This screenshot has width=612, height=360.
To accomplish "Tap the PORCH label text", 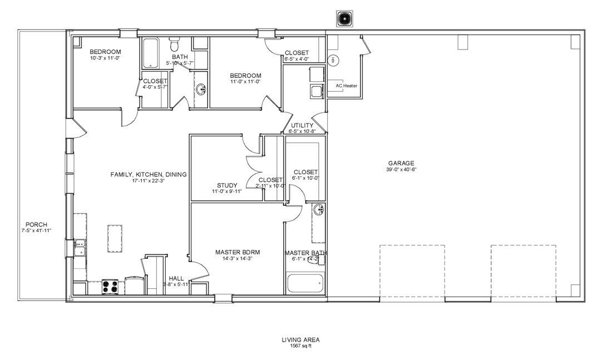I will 36,224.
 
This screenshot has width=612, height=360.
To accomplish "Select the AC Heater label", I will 346,86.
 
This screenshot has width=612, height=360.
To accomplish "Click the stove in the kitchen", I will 110,287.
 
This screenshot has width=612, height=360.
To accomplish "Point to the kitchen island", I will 116,238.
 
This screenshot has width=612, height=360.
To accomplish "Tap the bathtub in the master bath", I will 304,283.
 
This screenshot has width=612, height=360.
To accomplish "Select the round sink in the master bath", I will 318,210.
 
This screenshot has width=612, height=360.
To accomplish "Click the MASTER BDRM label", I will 238,252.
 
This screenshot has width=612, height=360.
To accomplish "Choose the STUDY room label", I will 227,185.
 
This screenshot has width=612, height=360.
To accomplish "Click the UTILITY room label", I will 302,126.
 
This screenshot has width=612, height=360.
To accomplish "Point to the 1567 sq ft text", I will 300,345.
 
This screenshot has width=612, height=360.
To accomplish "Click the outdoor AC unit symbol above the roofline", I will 345,19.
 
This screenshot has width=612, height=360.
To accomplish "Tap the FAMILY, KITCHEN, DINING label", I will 149,174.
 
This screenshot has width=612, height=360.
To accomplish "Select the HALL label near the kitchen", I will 176,278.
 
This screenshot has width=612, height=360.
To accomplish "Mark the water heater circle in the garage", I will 334,60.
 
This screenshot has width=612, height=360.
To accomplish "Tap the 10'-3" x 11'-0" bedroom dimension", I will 105,58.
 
